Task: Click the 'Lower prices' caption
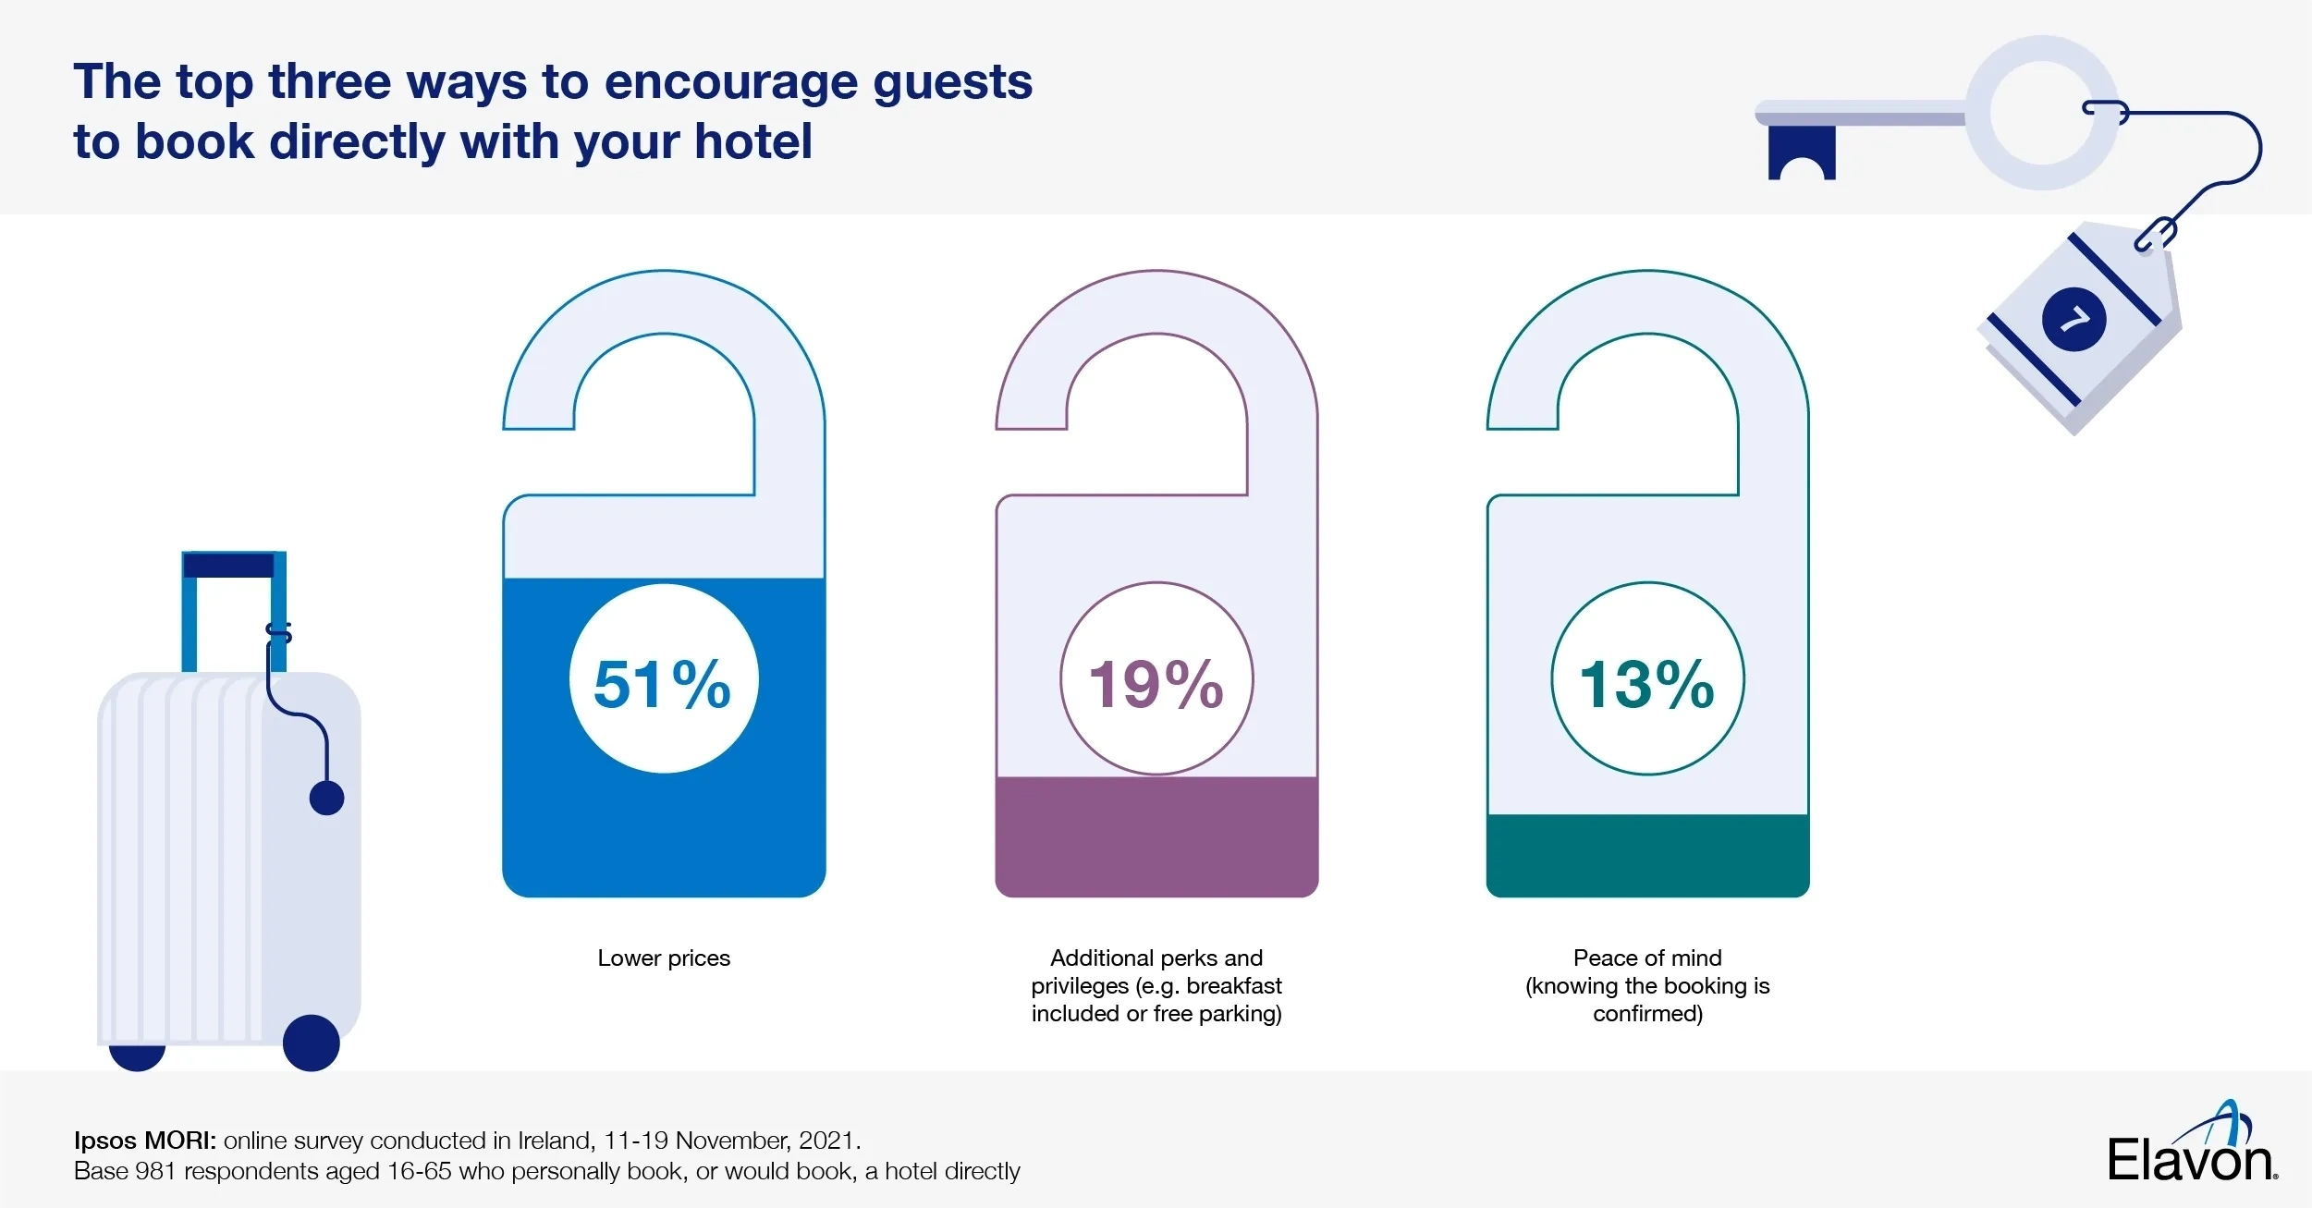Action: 664,958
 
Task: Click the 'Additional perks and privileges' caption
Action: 1156,985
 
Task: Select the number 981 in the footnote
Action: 155,1171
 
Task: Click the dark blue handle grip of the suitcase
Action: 229,565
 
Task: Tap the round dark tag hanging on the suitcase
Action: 326,798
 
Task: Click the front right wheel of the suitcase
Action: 311,1043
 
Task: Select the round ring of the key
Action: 2042,113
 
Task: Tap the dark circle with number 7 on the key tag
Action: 2073,320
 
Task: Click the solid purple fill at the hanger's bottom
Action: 1156,836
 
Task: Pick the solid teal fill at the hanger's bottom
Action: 1647,855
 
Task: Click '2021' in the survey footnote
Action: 826,1141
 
